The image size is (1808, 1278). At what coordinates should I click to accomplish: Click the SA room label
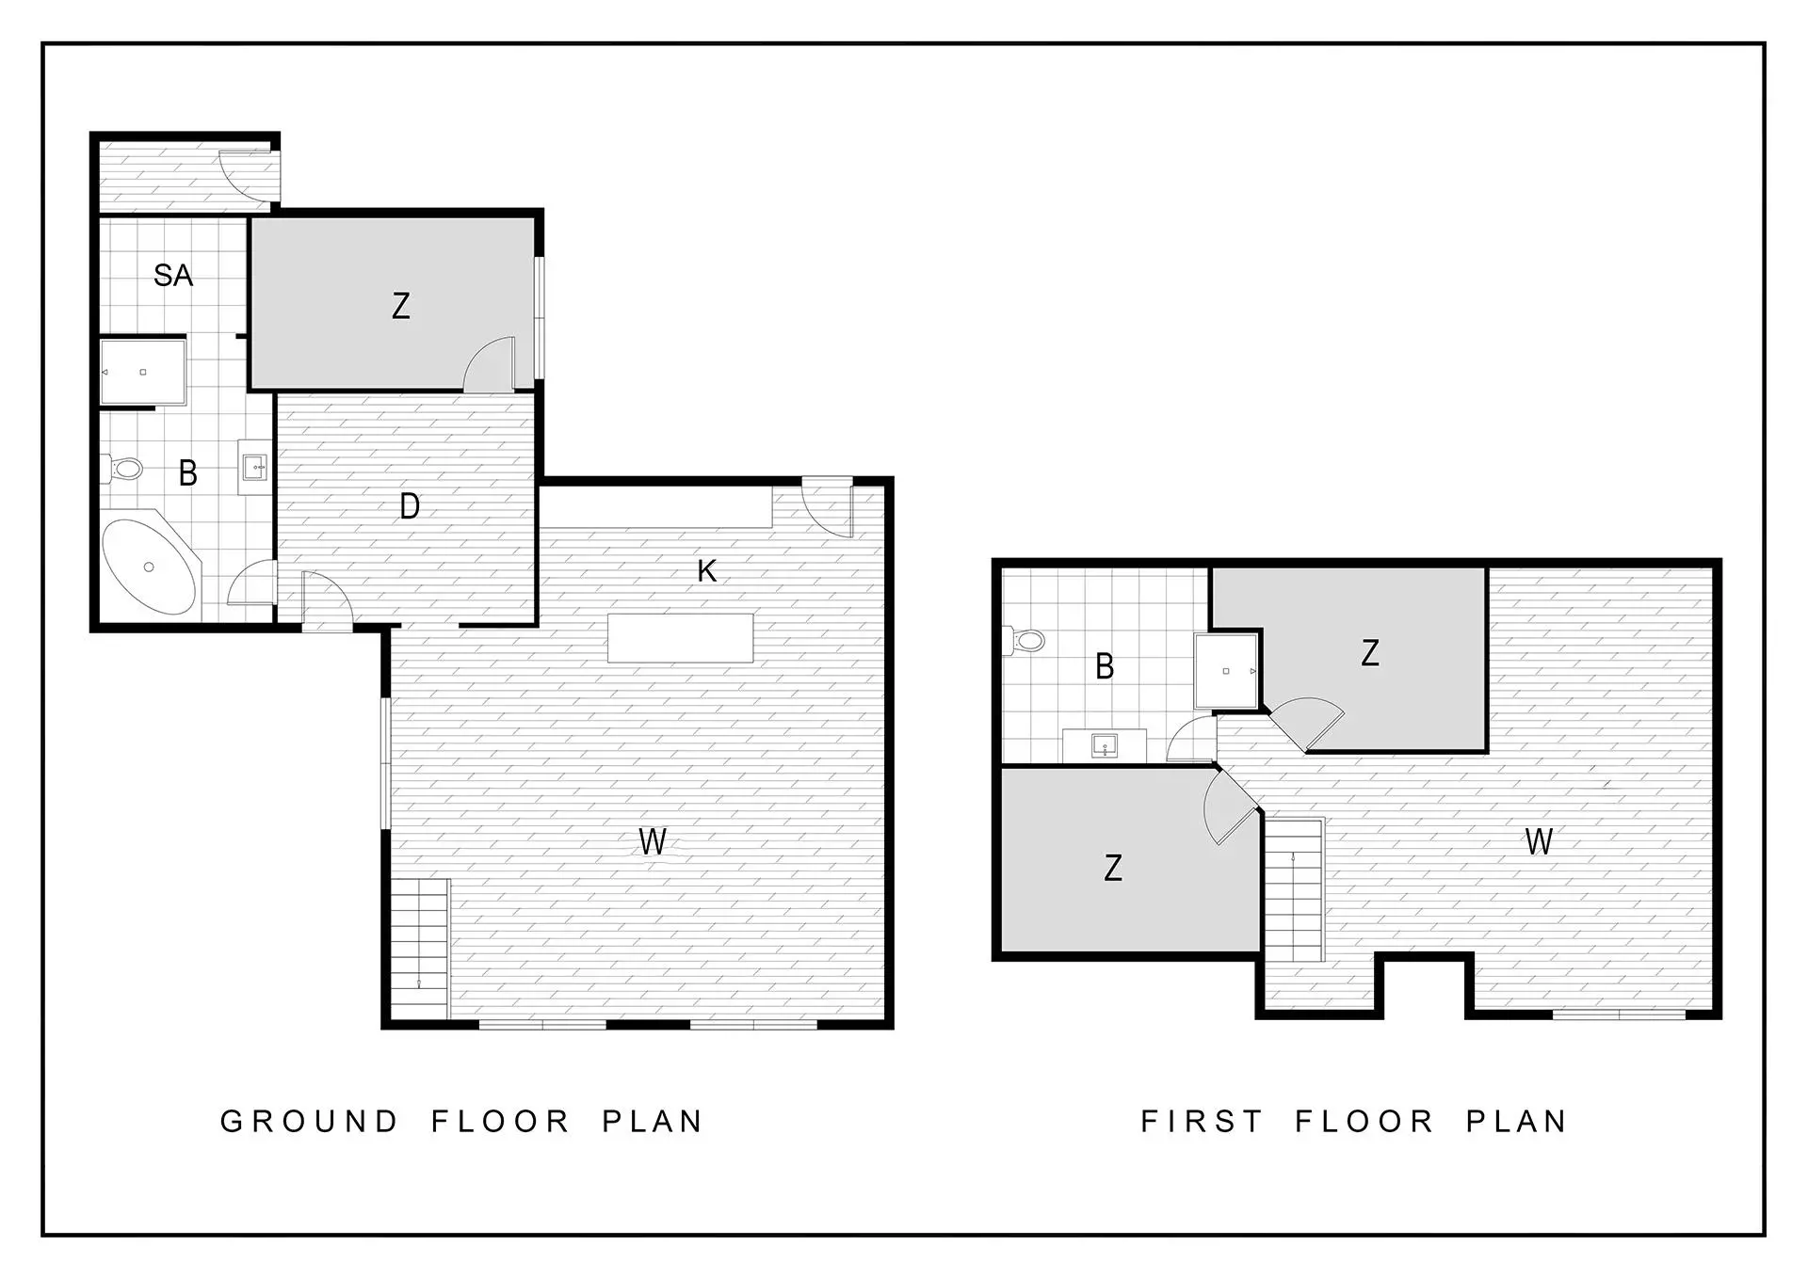(173, 276)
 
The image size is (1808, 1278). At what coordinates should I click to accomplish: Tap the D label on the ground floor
(410, 506)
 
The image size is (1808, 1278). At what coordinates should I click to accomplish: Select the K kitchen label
(707, 570)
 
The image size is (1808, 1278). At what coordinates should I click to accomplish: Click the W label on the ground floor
(653, 840)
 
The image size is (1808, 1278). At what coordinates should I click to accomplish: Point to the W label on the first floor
(1539, 841)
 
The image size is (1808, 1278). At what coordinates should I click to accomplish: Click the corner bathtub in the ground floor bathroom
(151, 567)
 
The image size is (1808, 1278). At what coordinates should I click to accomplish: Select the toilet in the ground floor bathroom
(122, 467)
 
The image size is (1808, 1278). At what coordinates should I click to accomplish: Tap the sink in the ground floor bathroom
(254, 467)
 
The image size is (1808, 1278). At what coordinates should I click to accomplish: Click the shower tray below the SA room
(143, 372)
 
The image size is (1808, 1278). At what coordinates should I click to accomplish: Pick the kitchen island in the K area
(681, 637)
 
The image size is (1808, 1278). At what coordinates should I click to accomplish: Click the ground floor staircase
(420, 949)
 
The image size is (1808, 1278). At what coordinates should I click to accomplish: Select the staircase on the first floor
(1294, 889)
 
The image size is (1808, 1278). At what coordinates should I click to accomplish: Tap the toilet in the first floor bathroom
(1025, 641)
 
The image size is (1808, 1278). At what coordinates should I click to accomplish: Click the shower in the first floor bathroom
(1226, 671)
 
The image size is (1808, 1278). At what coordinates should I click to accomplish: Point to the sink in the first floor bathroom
(1105, 746)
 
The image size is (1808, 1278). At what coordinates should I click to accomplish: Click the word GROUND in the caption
(310, 1121)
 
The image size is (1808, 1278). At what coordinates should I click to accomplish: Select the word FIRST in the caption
(1202, 1121)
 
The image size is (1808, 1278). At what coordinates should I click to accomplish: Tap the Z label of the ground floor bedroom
(401, 306)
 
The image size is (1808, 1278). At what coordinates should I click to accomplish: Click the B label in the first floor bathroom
(1106, 666)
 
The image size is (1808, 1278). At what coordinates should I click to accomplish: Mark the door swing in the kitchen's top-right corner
(827, 509)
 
